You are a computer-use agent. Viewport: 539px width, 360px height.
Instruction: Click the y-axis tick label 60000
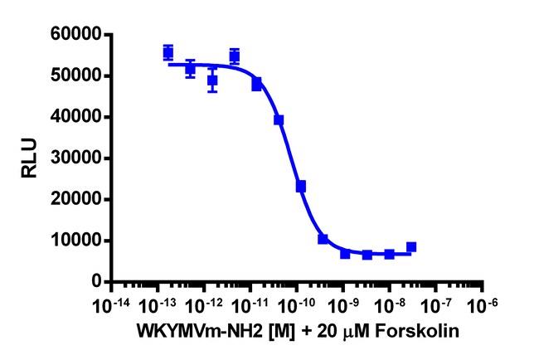pos(77,35)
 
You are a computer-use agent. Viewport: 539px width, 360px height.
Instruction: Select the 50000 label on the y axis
pos(77,75)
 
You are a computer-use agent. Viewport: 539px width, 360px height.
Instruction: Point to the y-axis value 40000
pos(77,117)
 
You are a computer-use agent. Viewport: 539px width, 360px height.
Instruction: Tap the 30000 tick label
pos(77,158)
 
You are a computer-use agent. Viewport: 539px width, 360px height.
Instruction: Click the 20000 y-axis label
pos(77,199)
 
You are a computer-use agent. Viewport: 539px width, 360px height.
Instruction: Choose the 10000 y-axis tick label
pos(77,241)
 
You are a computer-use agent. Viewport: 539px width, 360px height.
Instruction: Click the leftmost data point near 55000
pos(168,52)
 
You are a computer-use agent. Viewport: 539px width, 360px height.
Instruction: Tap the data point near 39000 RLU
pos(279,120)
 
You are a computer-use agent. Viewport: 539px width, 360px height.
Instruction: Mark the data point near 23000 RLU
pos(301,187)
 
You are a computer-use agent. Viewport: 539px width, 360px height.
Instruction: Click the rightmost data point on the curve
pos(411,247)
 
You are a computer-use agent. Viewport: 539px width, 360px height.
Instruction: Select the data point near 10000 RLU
pos(323,239)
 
